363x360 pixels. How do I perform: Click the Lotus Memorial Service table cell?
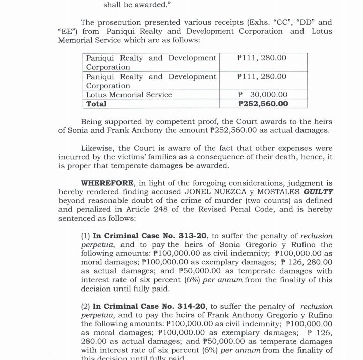coord(129,95)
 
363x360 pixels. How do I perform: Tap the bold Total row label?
coord(96,104)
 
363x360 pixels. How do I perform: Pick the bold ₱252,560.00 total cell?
coord(263,104)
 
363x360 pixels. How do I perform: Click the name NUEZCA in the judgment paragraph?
coord(226,192)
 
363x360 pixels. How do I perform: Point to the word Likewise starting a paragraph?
coord(98,148)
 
